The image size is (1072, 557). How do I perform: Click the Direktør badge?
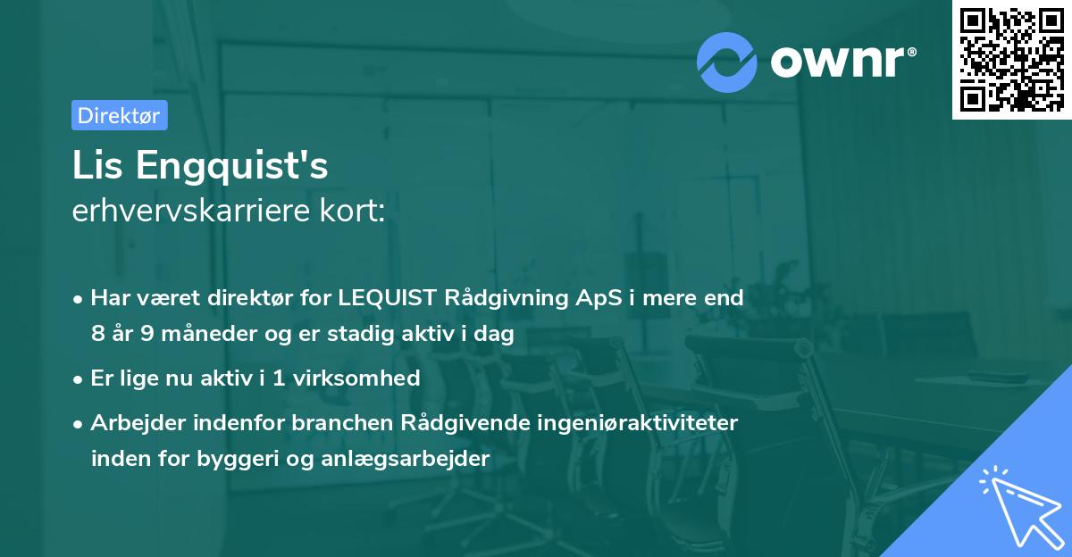119,115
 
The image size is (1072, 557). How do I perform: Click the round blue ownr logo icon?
727,62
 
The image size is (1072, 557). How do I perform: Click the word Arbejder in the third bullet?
130,423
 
